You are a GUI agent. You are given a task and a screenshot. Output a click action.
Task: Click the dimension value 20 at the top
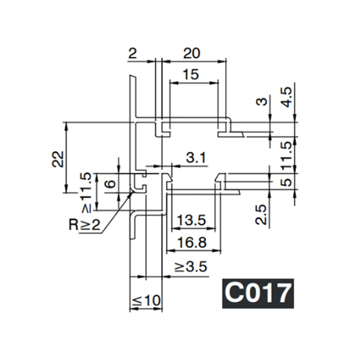coord(191,53)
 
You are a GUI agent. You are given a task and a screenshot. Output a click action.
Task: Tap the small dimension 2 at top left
coord(133,53)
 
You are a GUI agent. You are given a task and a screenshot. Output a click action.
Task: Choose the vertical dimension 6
coord(109,184)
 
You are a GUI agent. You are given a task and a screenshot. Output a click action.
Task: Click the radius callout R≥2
coord(85,226)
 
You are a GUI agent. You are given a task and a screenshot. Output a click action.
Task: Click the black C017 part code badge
coord(258,293)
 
